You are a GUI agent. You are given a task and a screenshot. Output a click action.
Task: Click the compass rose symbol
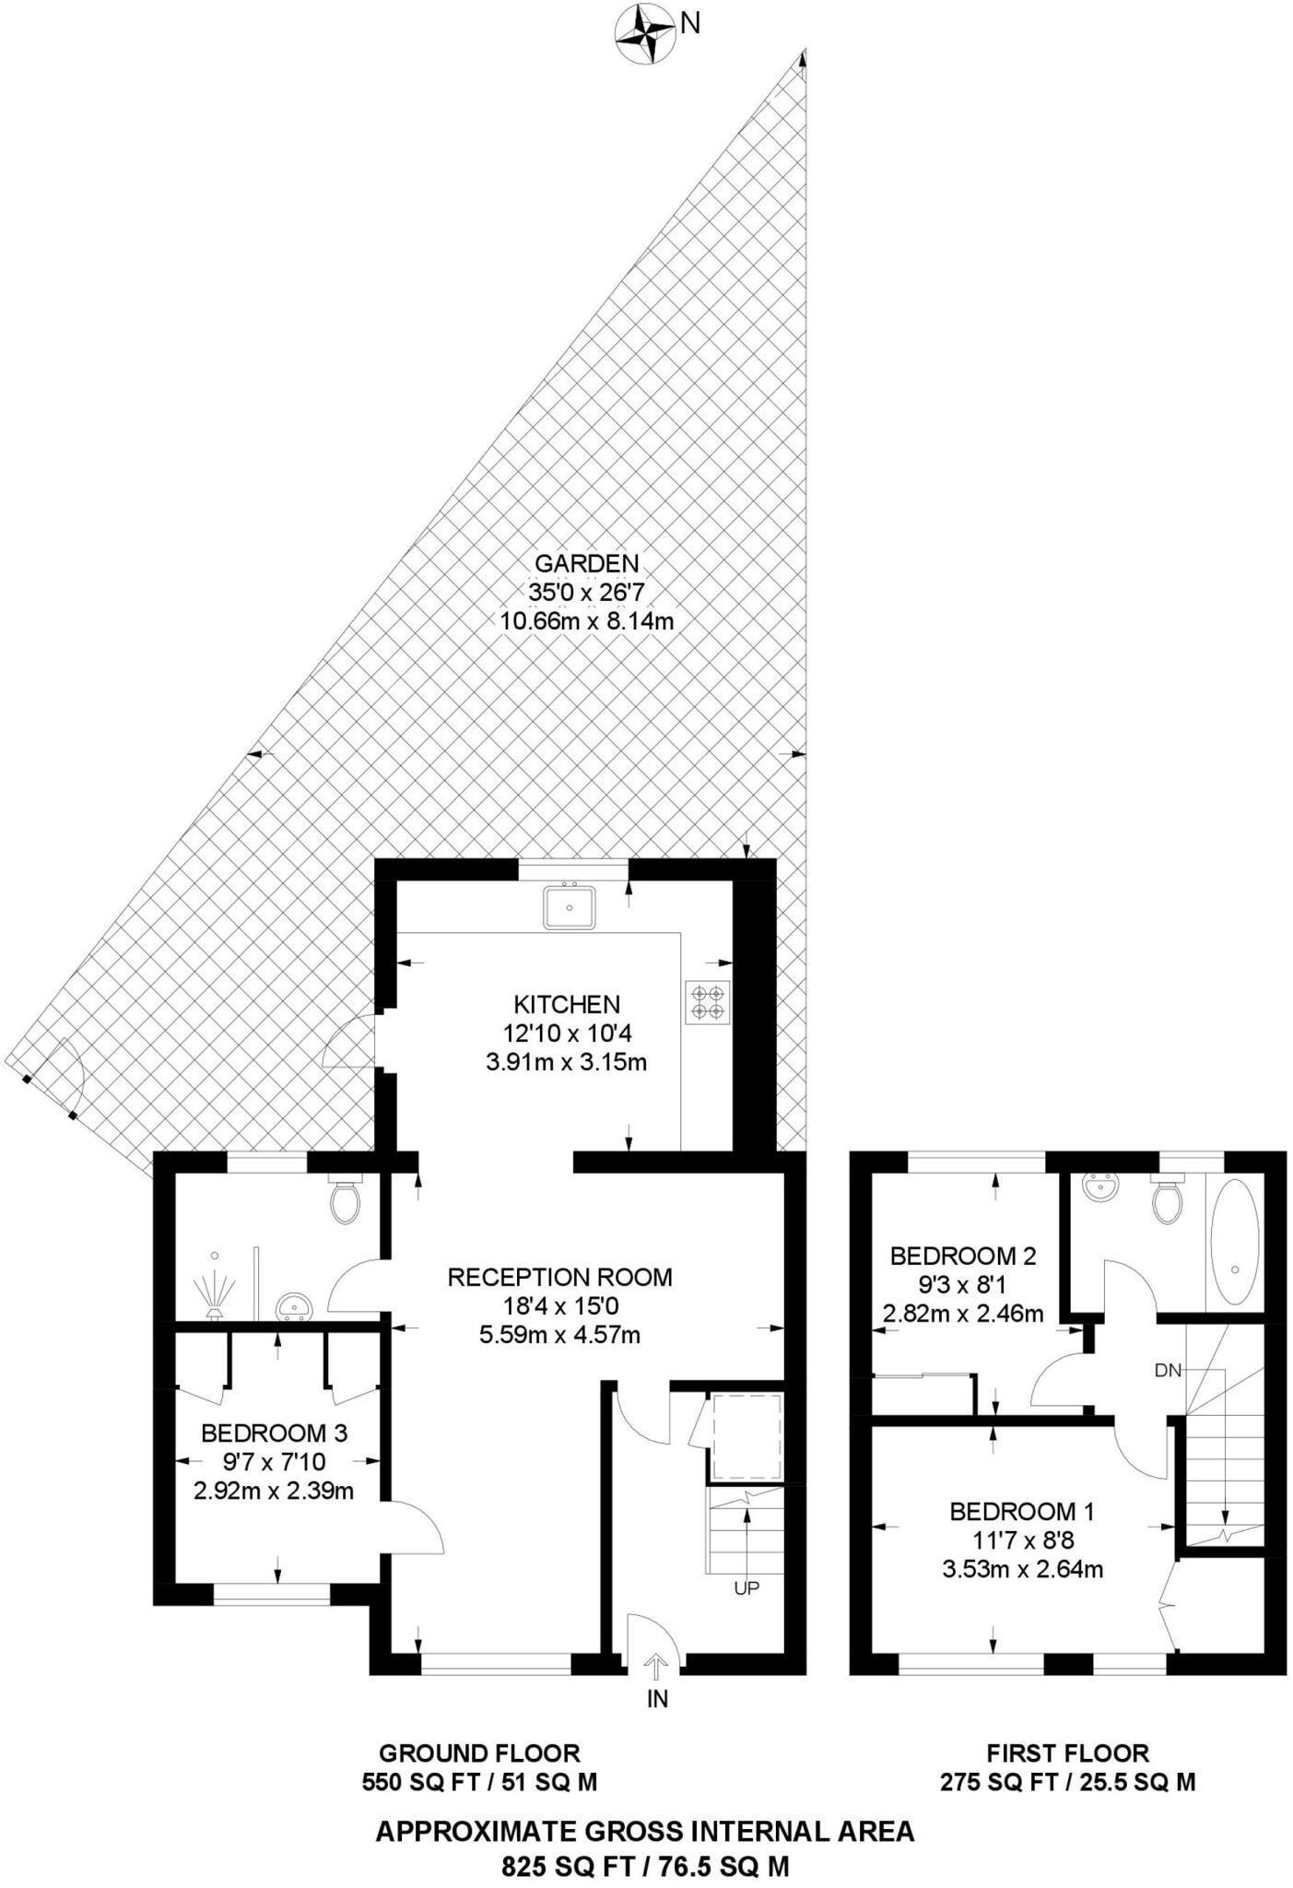click(x=642, y=35)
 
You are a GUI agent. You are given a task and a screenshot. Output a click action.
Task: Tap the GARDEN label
click(x=587, y=562)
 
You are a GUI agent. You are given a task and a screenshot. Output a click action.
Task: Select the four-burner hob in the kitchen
click(x=707, y=1002)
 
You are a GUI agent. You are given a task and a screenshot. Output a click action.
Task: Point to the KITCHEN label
click(x=567, y=1004)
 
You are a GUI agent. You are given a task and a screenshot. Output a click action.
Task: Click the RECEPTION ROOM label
click(x=559, y=1277)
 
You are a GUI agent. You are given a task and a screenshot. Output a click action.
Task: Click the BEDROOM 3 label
click(x=274, y=1434)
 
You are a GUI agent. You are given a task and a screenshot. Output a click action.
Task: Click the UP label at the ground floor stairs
click(x=746, y=1588)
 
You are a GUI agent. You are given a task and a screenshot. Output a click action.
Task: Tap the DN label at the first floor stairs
click(x=1168, y=1371)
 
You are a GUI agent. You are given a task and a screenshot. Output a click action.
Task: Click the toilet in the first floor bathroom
click(x=1167, y=1198)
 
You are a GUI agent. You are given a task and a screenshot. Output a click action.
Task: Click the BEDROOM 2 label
click(x=963, y=1256)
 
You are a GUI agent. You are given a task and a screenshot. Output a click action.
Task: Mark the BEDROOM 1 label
click(x=1022, y=1511)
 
